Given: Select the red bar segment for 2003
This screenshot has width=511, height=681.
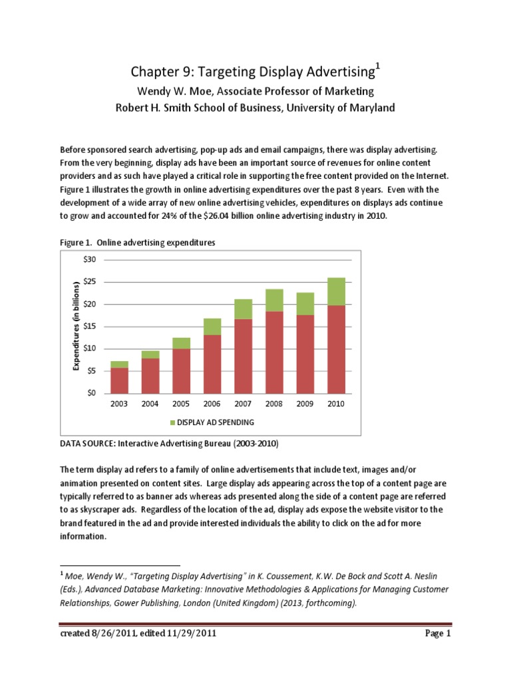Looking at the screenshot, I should (119, 380).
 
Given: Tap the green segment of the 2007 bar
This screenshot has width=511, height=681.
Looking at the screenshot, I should (244, 309).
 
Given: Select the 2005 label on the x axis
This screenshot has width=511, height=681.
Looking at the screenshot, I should (181, 404).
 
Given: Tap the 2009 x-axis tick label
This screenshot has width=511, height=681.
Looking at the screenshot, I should (305, 404).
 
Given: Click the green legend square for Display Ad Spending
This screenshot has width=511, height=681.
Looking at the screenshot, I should (173, 422).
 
